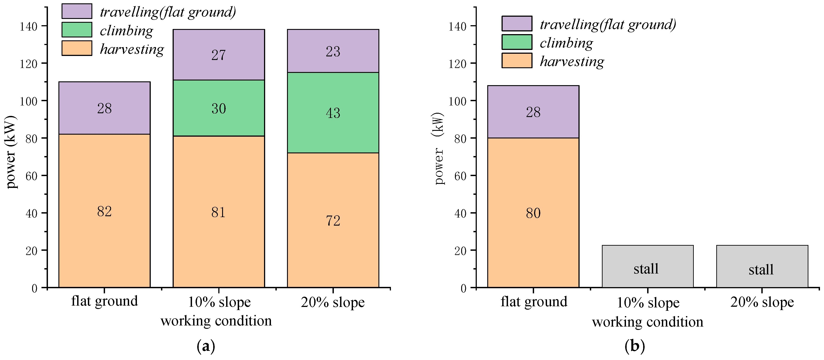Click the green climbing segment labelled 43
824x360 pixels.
pyautogui.click(x=333, y=113)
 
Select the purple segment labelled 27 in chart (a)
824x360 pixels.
pyautogui.click(x=219, y=55)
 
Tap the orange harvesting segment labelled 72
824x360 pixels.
pyautogui.click(x=333, y=220)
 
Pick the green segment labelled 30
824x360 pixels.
pyautogui.click(x=219, y=108)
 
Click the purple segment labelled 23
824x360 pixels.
pyautogui.click(x=333, y=51)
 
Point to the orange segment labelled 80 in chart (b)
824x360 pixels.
pyautogui.click(x=533, y=213)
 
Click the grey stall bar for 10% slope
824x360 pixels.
pyautogui.click(x=648, y=266)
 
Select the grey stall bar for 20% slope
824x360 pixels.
pyautogui.click(x=762, y=266)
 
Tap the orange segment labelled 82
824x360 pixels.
pyautogui.click(x=105, y=211)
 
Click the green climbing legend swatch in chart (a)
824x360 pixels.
pyautogui.click(x=77, y=30)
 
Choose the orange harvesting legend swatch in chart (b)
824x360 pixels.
pyautogui.click(x=517, y=60)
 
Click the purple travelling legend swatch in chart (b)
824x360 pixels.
pyautogui.click(x=517, y=23)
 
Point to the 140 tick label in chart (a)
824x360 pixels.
pyautogui.click(x=29, y=26)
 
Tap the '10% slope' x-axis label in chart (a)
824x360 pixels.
pyautogui.click(x=219, y=302)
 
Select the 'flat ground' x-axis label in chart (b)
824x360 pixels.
pyautogui.click(x=534, y=302)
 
